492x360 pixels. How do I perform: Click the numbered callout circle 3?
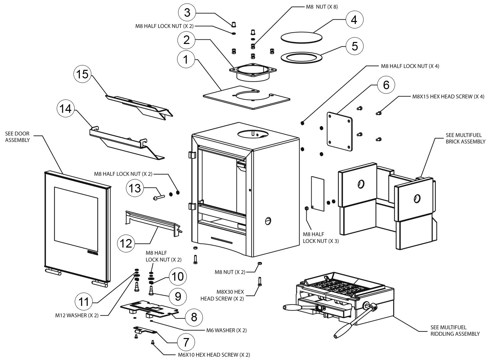point(187,12)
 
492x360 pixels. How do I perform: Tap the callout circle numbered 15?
point(82,74)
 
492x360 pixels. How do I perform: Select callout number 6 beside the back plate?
point(386,85)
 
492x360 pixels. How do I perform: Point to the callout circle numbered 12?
point(126,243)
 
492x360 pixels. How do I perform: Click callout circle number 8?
point(194,317)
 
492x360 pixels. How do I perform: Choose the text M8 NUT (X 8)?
point(322,7)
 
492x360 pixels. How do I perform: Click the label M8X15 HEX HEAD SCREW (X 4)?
point(448,97)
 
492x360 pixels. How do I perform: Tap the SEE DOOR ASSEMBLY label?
point(17,137)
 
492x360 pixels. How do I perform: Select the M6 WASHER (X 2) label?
point(226,330)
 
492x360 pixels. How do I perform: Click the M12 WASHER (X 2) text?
point(77,315)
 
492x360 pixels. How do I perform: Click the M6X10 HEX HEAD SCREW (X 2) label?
point(214,355)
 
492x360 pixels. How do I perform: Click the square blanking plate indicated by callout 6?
point(339,131)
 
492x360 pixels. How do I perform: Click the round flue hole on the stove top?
point(253,134)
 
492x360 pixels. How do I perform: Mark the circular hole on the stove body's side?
point(268,221)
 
